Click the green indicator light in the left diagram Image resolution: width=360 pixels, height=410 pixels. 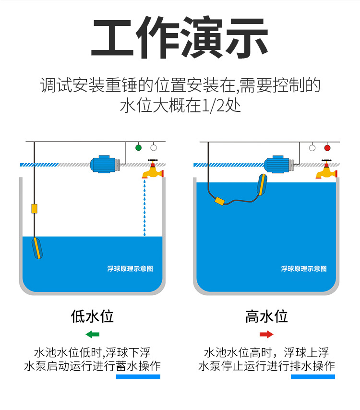coord(139,147)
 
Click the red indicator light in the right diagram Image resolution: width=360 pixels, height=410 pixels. coord(327,147)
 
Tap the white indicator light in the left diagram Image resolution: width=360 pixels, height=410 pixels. coord(154,147)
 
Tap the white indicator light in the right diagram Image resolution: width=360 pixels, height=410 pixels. coord(312,147)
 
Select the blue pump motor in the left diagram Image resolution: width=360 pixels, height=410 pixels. coord(104,164)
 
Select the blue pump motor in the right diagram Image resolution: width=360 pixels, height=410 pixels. coord(278,164)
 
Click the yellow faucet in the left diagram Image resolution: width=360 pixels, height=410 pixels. coord(153,170)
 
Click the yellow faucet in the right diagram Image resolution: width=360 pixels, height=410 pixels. coord(326,170)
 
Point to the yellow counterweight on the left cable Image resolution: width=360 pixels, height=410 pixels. coord(34,208)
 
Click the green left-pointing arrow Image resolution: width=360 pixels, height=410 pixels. coord(93,334)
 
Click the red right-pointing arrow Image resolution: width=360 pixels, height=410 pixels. coord(266,334)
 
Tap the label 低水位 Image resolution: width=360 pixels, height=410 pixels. coord(92,316)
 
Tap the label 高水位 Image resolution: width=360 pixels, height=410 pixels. coord(266,316)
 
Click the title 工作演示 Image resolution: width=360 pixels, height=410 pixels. coord(180,38)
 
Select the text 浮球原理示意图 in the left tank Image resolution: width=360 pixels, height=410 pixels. coord(130,269)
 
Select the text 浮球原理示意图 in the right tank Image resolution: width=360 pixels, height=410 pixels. coord(304,269)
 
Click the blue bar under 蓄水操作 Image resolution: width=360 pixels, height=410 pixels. coord(138,377)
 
